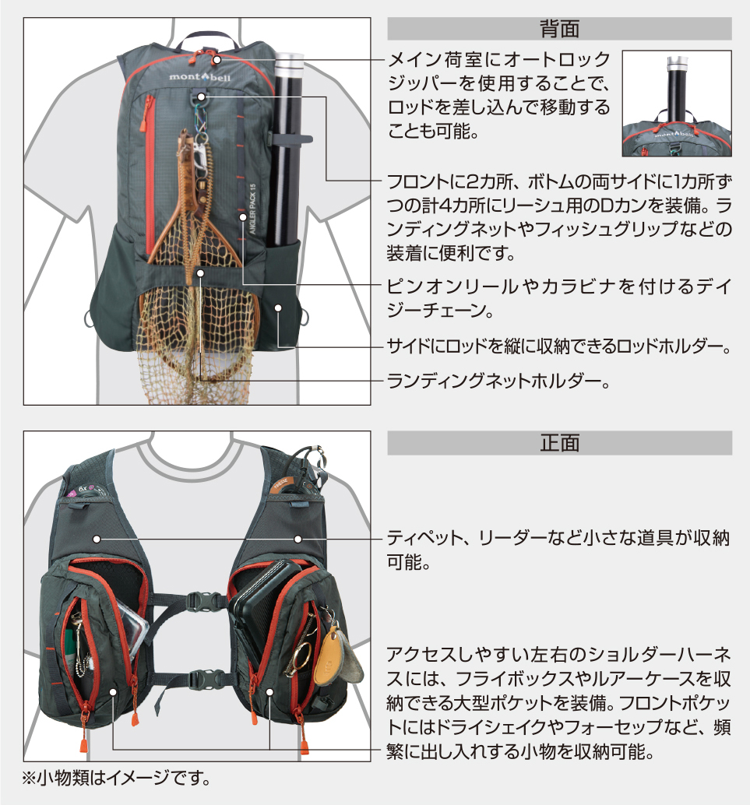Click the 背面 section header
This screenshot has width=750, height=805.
(559, 29)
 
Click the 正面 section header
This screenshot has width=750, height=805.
(559, 443)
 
